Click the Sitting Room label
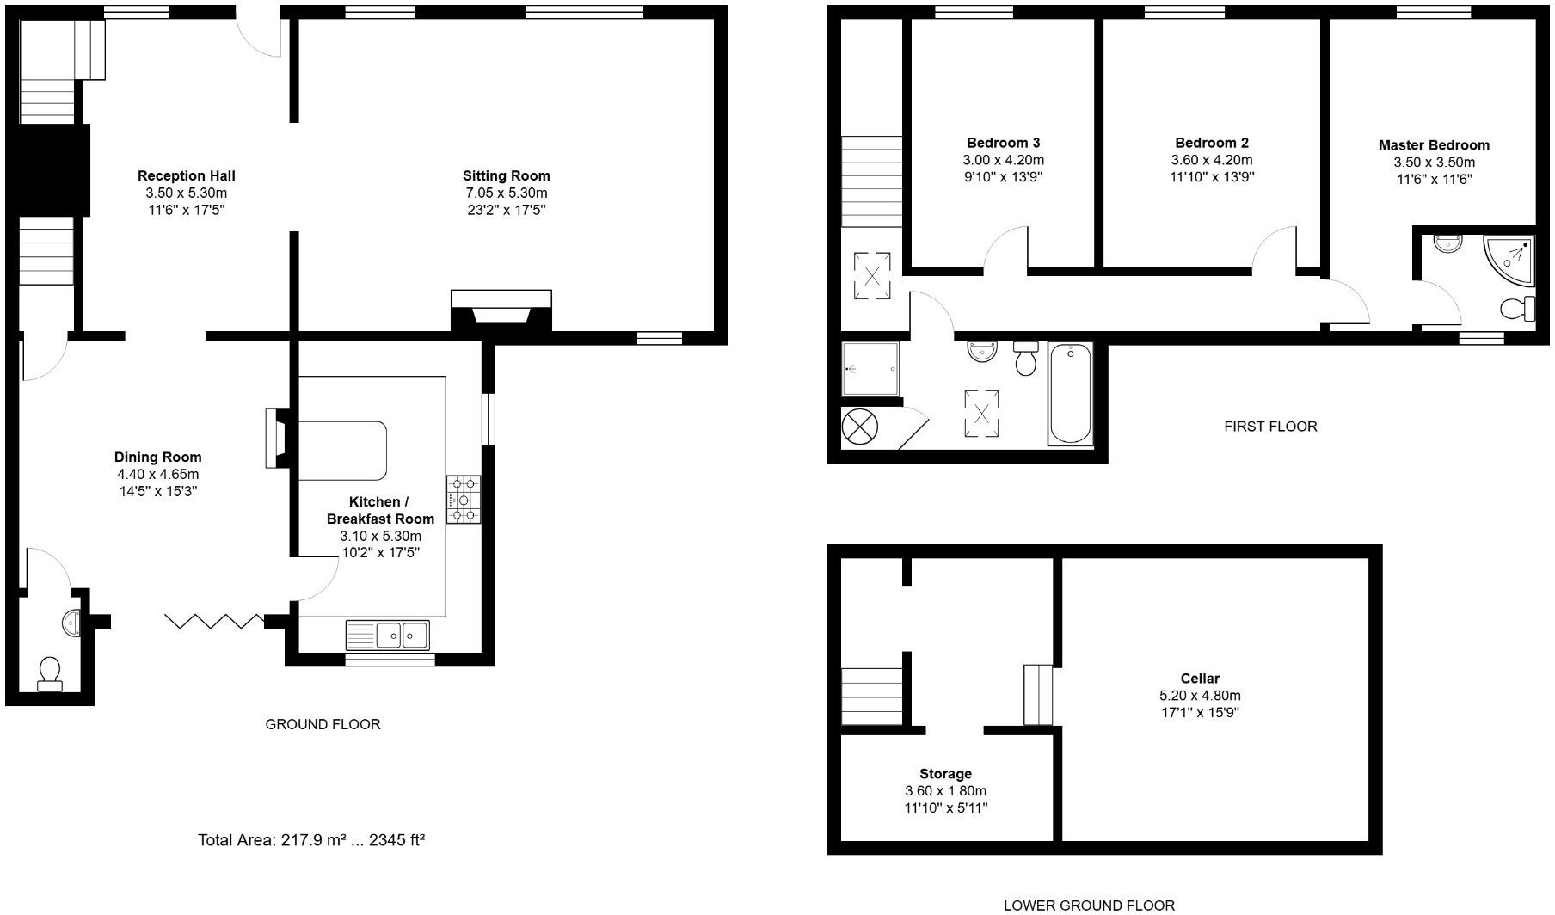[x=506, y=176]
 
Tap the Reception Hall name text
[x=186, y=176]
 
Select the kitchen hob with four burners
[x=464, y=500]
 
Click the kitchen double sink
[x=388, y=636]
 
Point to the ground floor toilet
[x=49, y=672]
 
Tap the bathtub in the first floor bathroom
[x=1070, y=394]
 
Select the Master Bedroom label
[x=1434, y=145]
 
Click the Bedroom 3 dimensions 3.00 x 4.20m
[x=1003, y=160]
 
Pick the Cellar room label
[x=1200, y=679]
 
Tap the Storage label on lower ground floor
[x=945, y=774]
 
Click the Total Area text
[x=311, y=840]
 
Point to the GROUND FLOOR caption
[x=323, y=724]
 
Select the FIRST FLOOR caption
[x=1270, y=427]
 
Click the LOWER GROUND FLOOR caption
[x=1089, y=905]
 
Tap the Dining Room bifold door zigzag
[x=214, y=621]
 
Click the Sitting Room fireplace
[x=501, y=311]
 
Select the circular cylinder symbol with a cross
[x=858, y=426]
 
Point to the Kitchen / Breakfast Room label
[x=380, y=510]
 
